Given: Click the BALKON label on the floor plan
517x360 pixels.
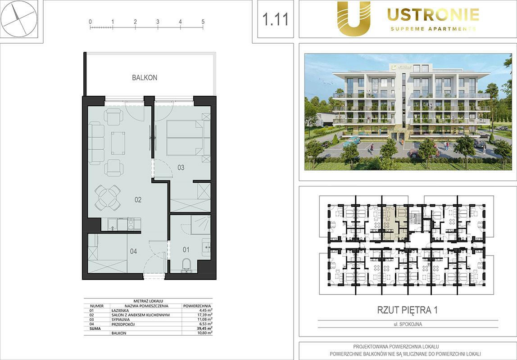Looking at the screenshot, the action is pos(145,78).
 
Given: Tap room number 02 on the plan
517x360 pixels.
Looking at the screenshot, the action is pos(138,200).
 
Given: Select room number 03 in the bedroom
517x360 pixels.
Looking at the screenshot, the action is pos(181,168).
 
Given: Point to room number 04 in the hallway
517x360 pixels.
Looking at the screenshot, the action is pos(133,252).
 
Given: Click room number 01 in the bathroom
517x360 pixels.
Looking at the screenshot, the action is pos(186,250).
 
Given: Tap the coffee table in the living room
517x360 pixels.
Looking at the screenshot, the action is pos(118,143).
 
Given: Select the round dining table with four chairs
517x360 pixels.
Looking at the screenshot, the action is pos(108,198).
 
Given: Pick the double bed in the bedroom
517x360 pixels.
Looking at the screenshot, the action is pos(185,138).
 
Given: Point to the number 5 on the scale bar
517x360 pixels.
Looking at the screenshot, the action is pos(203,22).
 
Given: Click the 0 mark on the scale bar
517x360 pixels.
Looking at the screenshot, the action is pos(91,22).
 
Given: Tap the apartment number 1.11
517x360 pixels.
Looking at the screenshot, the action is pos(275,19).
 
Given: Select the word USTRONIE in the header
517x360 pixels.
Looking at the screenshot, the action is pos(433,15).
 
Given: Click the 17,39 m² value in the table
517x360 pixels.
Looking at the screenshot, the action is pos(204,315).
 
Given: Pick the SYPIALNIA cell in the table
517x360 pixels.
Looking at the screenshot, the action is pos(121,319).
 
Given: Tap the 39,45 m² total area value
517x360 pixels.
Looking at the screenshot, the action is pos(204,328).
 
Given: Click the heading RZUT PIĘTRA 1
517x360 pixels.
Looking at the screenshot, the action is pos(407,310).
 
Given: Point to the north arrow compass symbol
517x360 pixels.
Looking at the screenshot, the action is pos(19,19).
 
